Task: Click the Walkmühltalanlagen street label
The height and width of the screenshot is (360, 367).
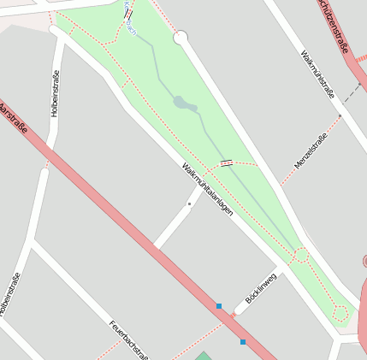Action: pos(207,188)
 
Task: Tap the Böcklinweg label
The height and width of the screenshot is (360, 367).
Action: pos(261,288)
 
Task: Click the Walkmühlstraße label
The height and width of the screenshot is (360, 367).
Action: pos(317,74)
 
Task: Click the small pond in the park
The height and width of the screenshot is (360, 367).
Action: pos(184,103)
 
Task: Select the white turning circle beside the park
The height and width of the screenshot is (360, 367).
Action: pos(181,38)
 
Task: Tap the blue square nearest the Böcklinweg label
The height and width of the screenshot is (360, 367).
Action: pos(219,306)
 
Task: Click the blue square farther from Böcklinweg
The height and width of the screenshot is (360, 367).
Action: pos(243,342)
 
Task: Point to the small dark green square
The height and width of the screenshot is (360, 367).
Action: pos(203,356)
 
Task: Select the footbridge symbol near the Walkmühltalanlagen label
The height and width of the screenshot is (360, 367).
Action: pos(226,162)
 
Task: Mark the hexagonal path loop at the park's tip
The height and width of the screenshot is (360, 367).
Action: pos(340,314)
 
